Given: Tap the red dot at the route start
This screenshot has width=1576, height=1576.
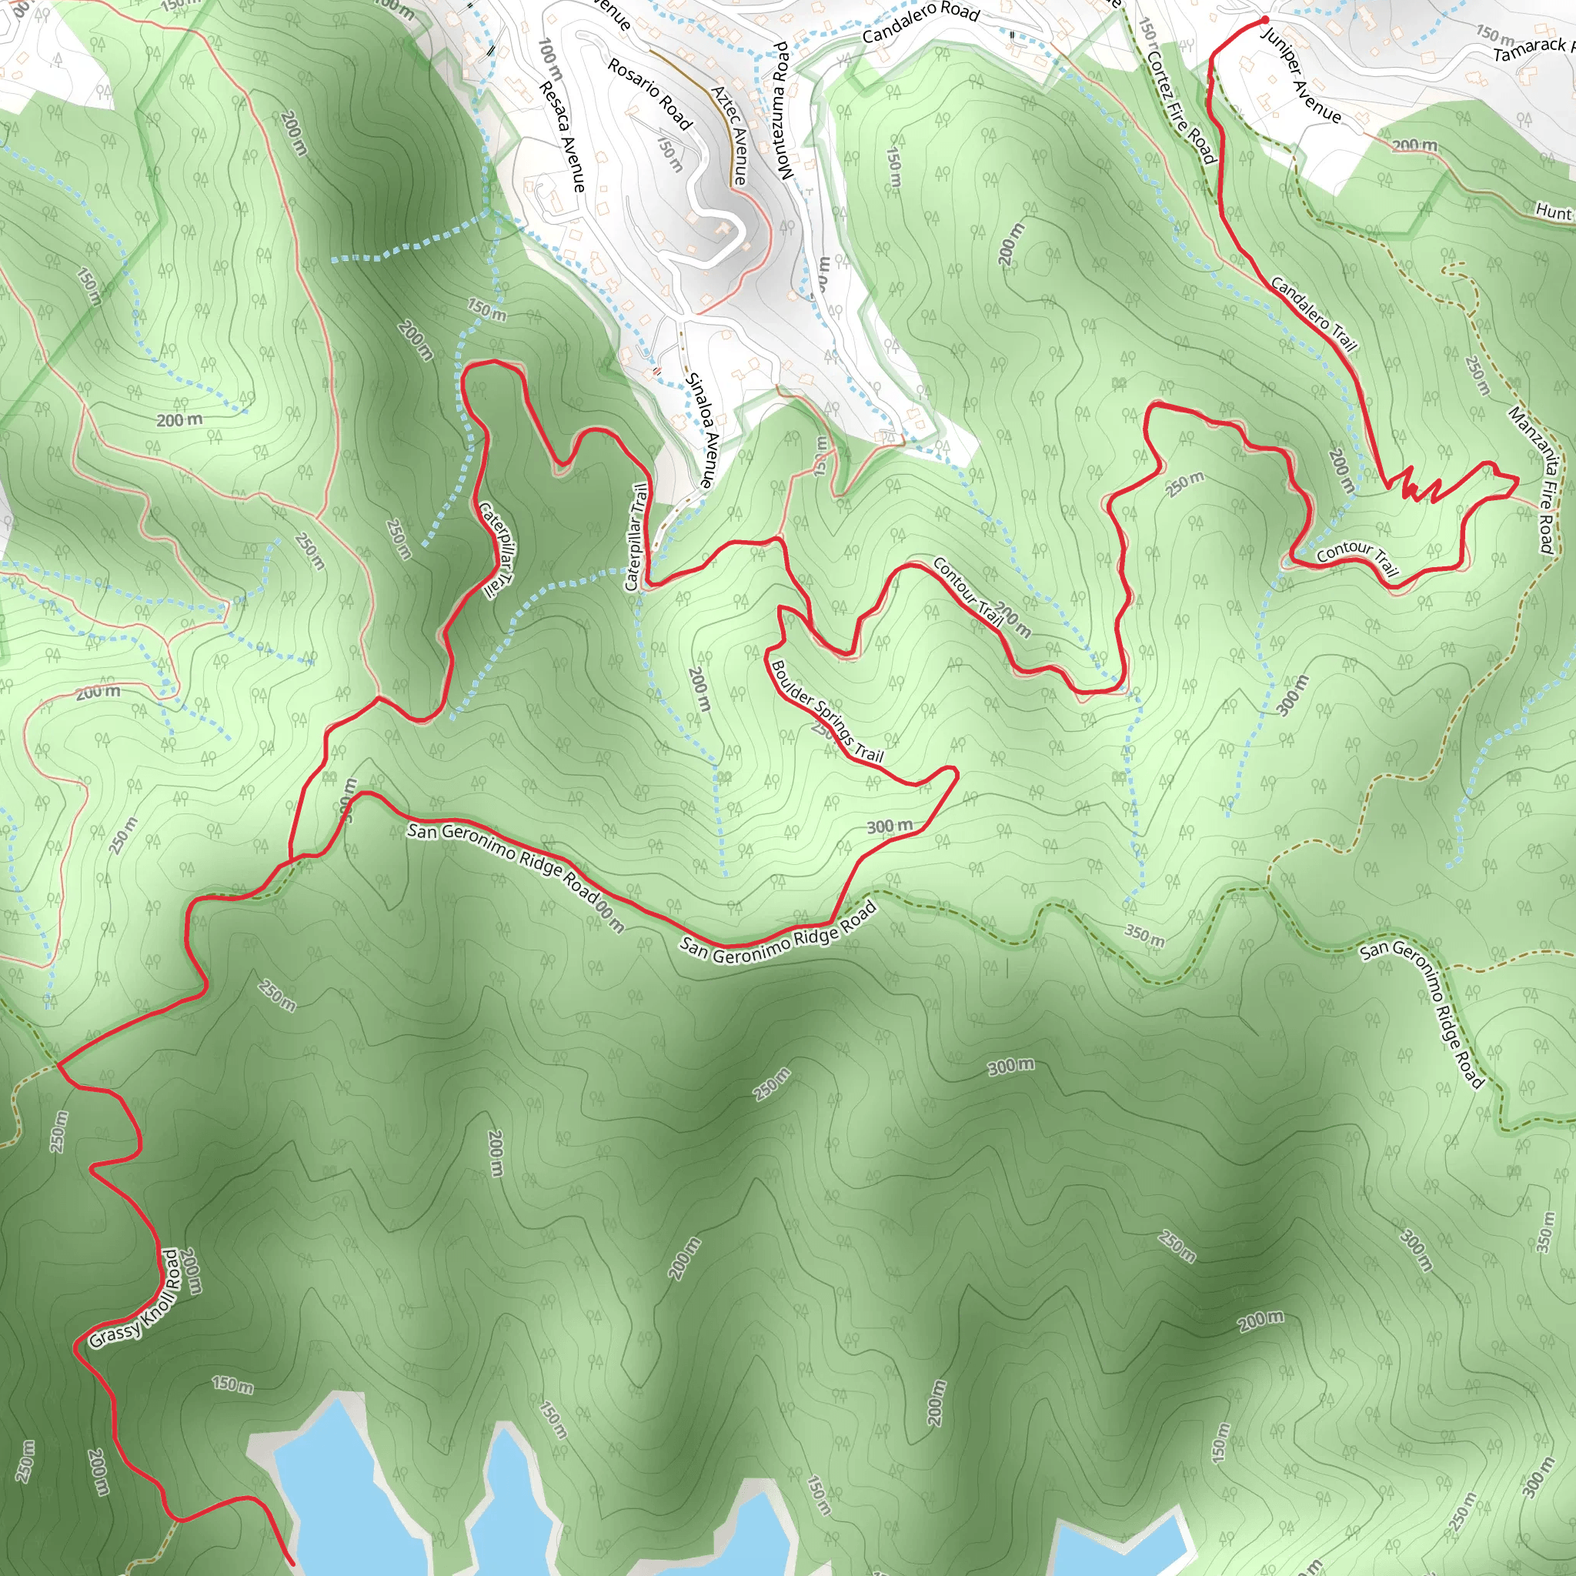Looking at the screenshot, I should click(x=1264, y=19).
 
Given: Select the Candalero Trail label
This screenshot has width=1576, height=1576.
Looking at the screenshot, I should click(x=1314, y=315).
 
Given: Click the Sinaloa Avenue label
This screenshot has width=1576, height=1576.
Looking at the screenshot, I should click(x=701, y=431).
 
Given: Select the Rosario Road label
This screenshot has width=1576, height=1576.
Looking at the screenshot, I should click(x=649, y=94).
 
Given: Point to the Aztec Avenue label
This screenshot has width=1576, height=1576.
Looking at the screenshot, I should click(x=730, y=135).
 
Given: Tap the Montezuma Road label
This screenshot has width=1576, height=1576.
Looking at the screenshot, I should click(x=783, y=110).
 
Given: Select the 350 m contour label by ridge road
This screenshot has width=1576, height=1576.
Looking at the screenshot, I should click(x=1144, y=937).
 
